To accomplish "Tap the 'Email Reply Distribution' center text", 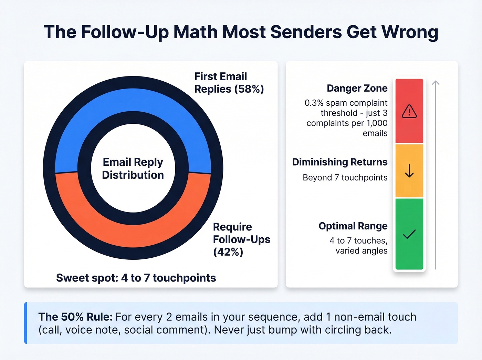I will (x=133, y=168).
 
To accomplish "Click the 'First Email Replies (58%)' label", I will (x=229, y=83).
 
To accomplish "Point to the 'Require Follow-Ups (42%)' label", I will (x=241, y=239).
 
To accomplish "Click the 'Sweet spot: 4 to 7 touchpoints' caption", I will (x=136, y=278).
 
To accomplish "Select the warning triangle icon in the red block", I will (x=409, y=111).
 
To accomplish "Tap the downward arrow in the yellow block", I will (x=409, y=171).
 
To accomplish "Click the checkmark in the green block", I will (x=409, y=234).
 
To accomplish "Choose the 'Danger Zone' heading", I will (x=357, y=89).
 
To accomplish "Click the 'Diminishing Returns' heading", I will (x=340, y=162).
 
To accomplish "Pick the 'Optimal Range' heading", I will (x=353, y=226).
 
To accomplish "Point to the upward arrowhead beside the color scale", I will (x=436, y=83).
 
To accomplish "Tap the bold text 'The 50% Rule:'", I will (x=75, y=317).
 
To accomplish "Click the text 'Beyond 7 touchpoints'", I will (x=345, y=178).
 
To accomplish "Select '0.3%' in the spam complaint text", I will (x=314, y=103).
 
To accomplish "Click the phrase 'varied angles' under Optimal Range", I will (x=361, y=251).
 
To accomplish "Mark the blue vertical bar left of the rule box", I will (x=25, y=323).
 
